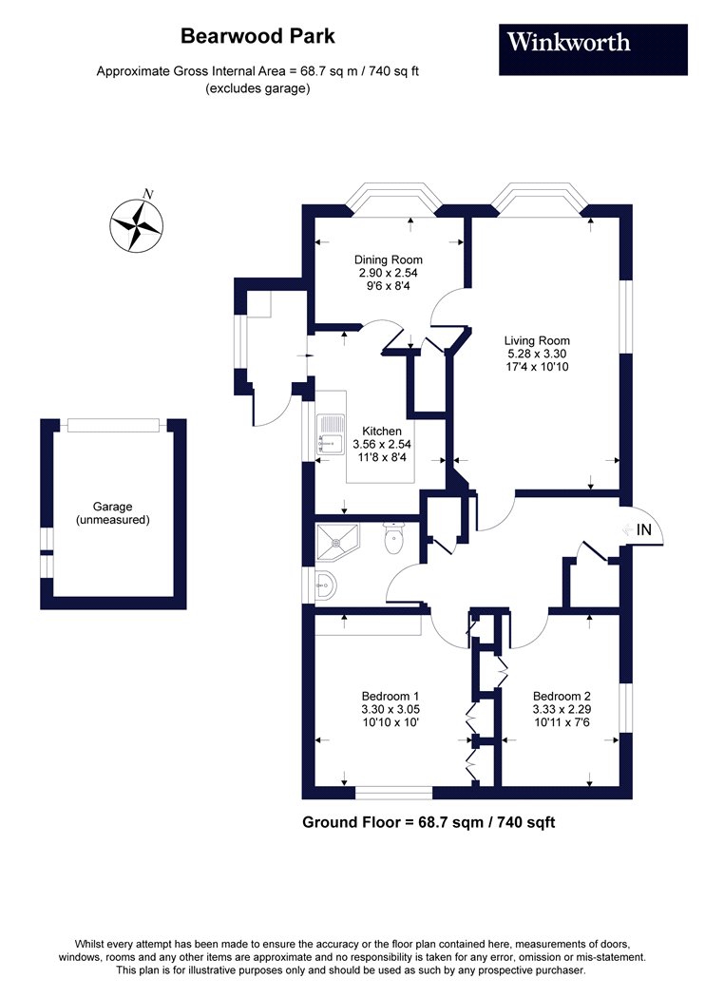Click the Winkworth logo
(592, 49)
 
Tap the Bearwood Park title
(257, 36)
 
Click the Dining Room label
(389, 259)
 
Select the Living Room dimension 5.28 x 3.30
(537, 354)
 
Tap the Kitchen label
(382, 431)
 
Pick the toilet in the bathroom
(394, 537)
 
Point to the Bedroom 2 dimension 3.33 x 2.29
(562, 710)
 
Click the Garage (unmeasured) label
(113, 513)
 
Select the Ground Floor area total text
(429, 822)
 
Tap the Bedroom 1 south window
(394, 793)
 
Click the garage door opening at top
(113, 425)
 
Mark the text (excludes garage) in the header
(257, 88)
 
